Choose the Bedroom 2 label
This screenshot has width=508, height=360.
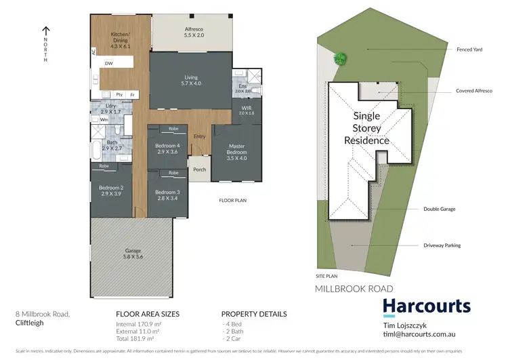(110, 191)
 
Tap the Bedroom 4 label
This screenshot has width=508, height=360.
(167, 148)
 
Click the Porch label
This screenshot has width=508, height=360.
(199, 169)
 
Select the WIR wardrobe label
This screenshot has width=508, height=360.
(246, 110)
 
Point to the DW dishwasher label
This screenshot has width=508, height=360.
(108, 64)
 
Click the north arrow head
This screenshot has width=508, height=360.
(46, 28)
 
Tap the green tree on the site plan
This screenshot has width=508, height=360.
(340, 58)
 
